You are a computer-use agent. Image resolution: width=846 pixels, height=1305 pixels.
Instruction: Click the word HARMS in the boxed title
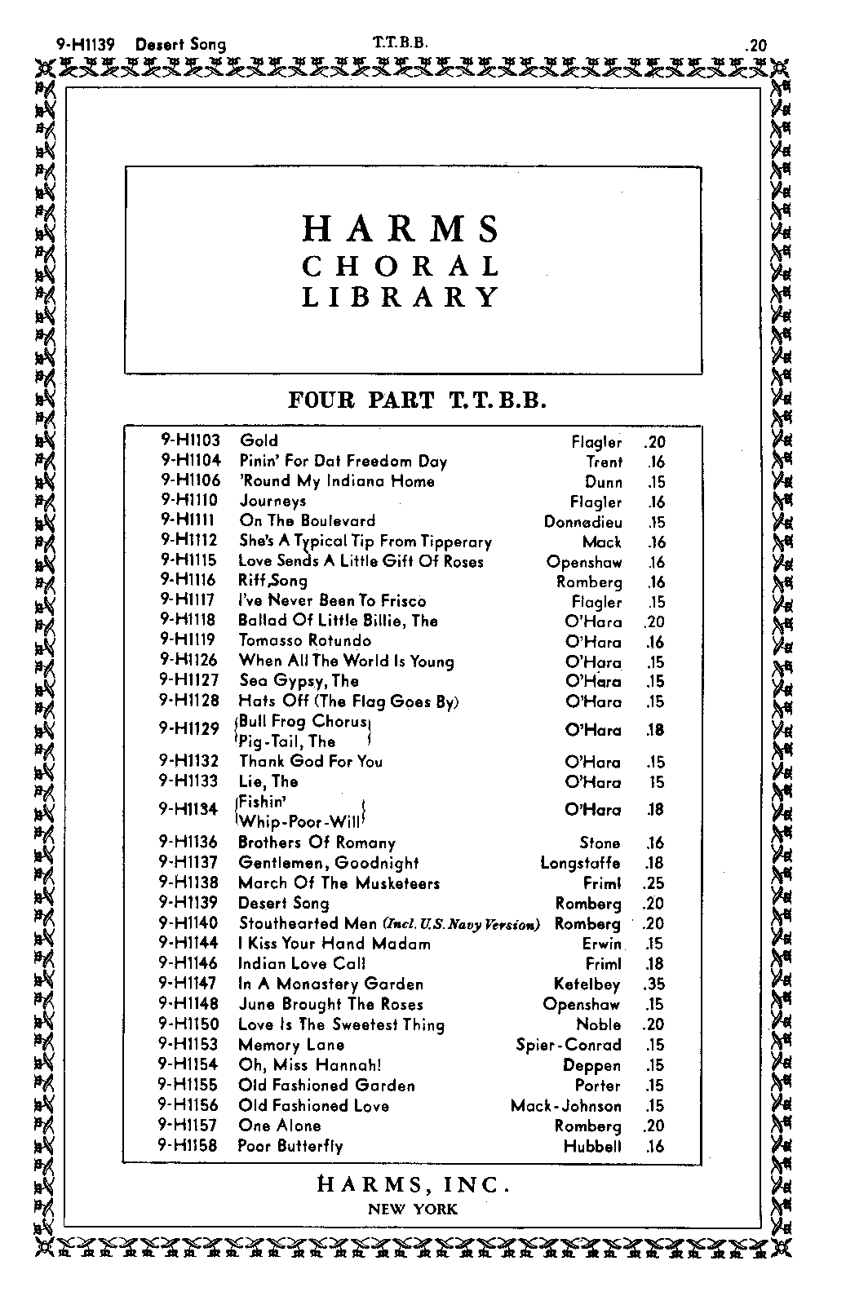pyautogui.click(x=401, y=229)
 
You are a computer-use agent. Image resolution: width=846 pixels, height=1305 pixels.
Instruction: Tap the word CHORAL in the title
pyautogui.click(x=401, y=267)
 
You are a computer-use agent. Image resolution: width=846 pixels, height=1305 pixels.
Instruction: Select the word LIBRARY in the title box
pyautogui.click(x=401, y=297)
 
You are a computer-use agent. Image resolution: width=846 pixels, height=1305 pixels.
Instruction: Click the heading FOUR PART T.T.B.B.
pyautogui.click(x=416, y=400)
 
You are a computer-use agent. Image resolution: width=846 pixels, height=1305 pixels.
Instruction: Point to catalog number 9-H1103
pyautogui.click(x=190, y=441)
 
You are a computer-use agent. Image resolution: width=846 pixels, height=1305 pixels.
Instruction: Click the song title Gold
pyautogui.click(x=259, y=441)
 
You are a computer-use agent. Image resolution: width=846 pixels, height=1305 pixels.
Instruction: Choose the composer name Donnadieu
pyautogui.click(x=582, y=522)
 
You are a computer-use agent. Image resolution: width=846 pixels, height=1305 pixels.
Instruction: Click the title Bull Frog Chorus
pyautogui.click(x=303, y=722)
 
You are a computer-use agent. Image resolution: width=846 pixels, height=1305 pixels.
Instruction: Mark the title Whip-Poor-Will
pyautogui.click(x=299, y=821)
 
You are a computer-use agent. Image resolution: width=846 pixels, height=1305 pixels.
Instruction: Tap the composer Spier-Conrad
pyautogui.click(x=568, y=1045)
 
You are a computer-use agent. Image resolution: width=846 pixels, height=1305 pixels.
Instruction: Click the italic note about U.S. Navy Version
pyautogui.click(x=461, y=924)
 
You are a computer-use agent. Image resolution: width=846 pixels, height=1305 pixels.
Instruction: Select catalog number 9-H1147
pyautogui.click(x=189, y=984)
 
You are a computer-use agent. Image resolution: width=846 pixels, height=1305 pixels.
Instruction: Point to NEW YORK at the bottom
pyautogui.click(x=413, y=1210)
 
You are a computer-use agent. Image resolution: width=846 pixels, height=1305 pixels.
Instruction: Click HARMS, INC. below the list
pyautogui.click(x=413, y=1184)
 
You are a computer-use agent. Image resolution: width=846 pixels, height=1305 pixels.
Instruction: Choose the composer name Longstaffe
pyautogui.click(x=580, y=863)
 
